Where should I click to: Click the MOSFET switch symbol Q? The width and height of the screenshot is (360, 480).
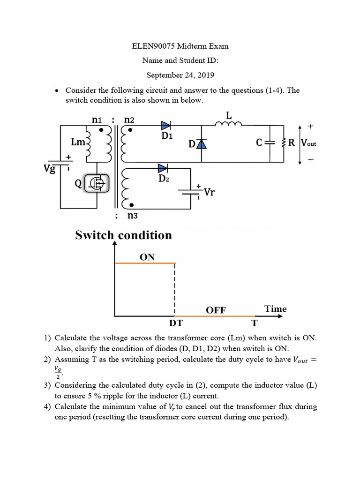(x=97, y=183)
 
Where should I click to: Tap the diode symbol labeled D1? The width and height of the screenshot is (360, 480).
(x=166, y=125)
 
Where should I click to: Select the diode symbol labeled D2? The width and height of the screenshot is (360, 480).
(x=162, y=168)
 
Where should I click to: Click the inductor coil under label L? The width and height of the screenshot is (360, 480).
(x=228, y=124)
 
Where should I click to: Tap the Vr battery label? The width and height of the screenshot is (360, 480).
(x=209, y=192)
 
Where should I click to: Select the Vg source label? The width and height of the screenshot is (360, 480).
(x=50, y=168)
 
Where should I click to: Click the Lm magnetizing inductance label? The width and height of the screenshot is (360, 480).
(x=77, y=142)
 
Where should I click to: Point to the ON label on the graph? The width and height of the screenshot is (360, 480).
(x=147, y=257)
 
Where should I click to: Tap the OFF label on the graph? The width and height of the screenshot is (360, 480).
(x=216, y=310)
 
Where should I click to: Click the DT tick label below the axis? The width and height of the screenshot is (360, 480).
(x=175, y=323)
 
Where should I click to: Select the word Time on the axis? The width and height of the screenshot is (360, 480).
(x=275, y=308)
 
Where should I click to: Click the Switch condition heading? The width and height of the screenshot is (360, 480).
(x=123, y=235)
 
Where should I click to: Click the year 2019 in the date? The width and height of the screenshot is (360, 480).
(x=204, y=75)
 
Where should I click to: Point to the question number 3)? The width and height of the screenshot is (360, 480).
(x=47, y=385)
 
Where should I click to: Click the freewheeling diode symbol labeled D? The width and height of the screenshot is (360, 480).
(x=201, y=144)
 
